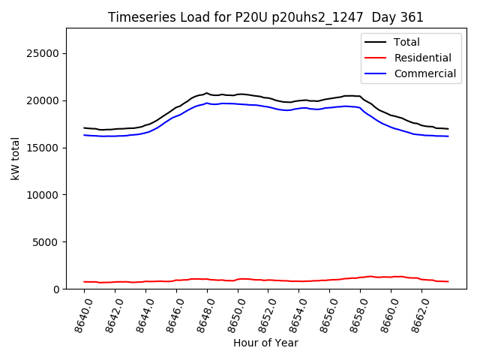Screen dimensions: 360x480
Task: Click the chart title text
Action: click(x=265, y=17)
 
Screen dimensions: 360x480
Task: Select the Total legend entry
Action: click(x=406, y=42)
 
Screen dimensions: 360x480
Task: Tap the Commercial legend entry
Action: click(x=424, y=73)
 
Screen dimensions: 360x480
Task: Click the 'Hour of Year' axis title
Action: click(x=265, y=343)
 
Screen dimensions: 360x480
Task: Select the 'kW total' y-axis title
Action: click(x=15, y=158)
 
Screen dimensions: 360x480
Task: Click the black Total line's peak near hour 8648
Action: click(x=207, y=93)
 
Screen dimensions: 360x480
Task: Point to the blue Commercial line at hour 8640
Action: click(x=84, y=135)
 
